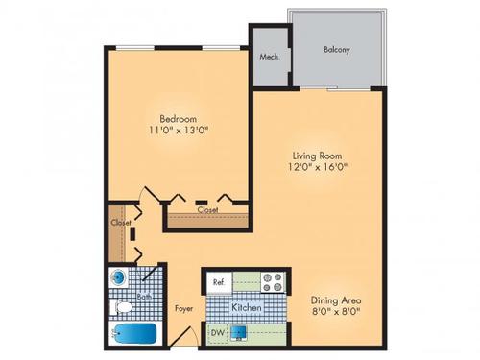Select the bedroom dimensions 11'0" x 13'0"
tap(178, 132)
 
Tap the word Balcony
tap(336, 49)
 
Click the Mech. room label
tap(270, 58)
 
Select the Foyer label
tap(183, 309)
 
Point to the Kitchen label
tap(248, 307)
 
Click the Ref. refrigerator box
tap(219, 282)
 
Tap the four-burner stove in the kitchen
tap(271, 282)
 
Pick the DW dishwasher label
tap(218, 333)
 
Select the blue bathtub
tap(134, 335)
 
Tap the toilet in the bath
tap(121, 309)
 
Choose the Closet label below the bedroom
tap(207, 209)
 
